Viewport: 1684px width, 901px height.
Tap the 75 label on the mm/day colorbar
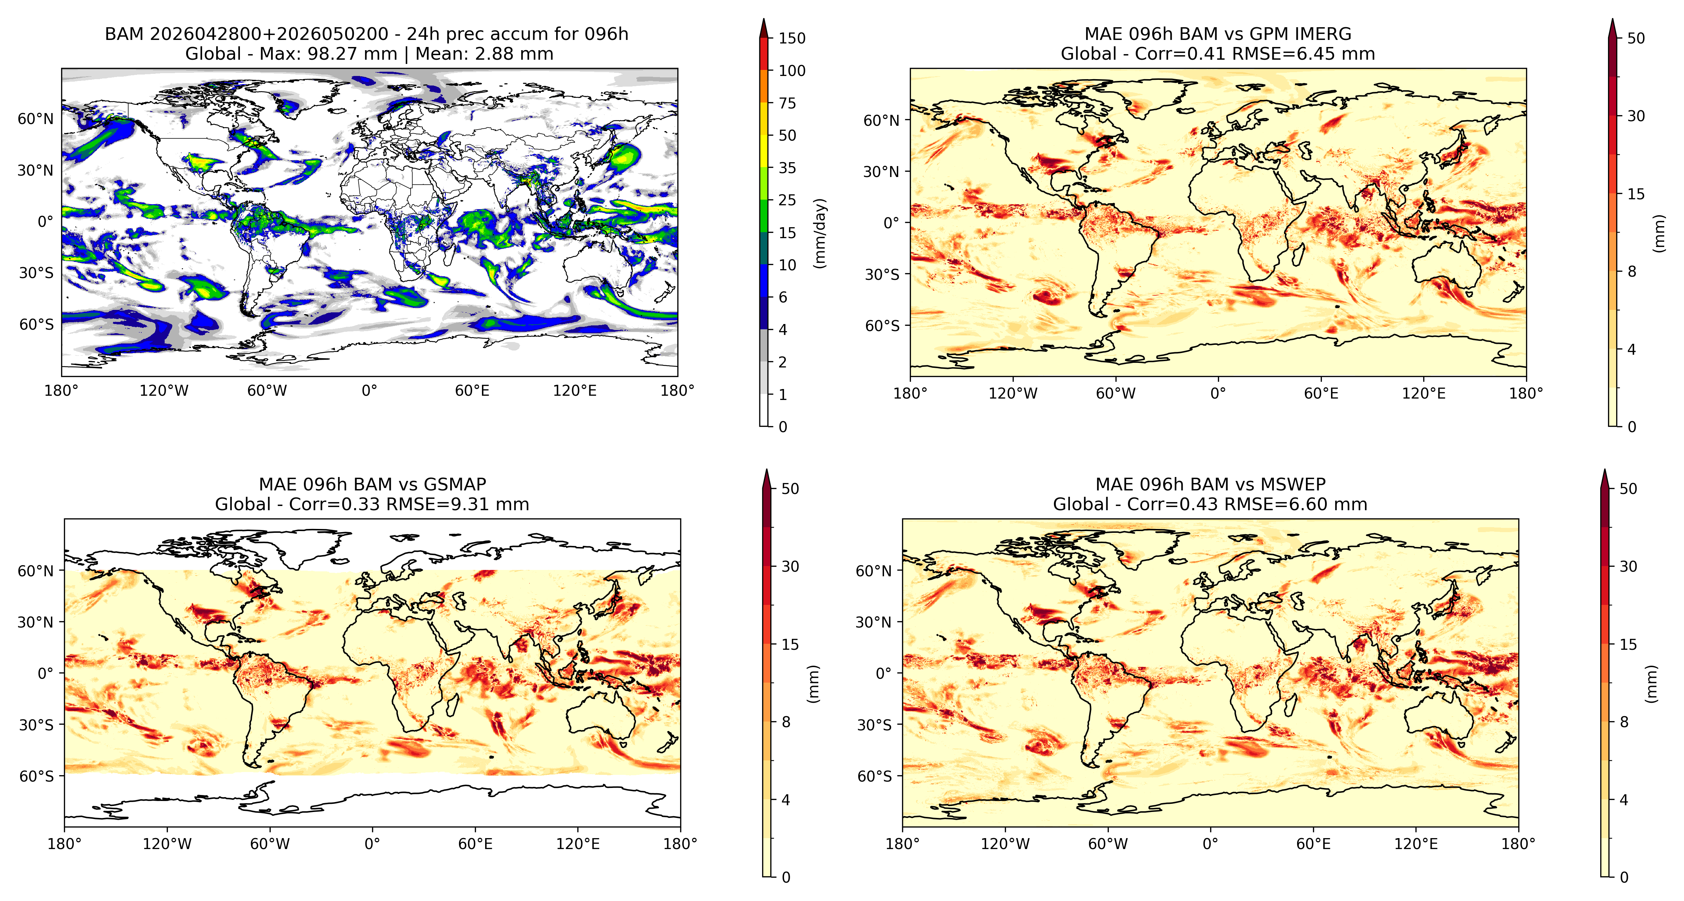787,103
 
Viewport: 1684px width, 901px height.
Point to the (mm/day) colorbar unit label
820,233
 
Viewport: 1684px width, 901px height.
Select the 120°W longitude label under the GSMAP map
167,843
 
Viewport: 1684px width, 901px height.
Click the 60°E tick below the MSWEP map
1313,843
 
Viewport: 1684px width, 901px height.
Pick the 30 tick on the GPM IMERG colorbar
1636,116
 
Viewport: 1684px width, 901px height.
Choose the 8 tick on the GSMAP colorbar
786,722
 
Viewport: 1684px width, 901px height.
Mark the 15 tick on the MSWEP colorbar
1628,644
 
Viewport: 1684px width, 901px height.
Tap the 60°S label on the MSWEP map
874,776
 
